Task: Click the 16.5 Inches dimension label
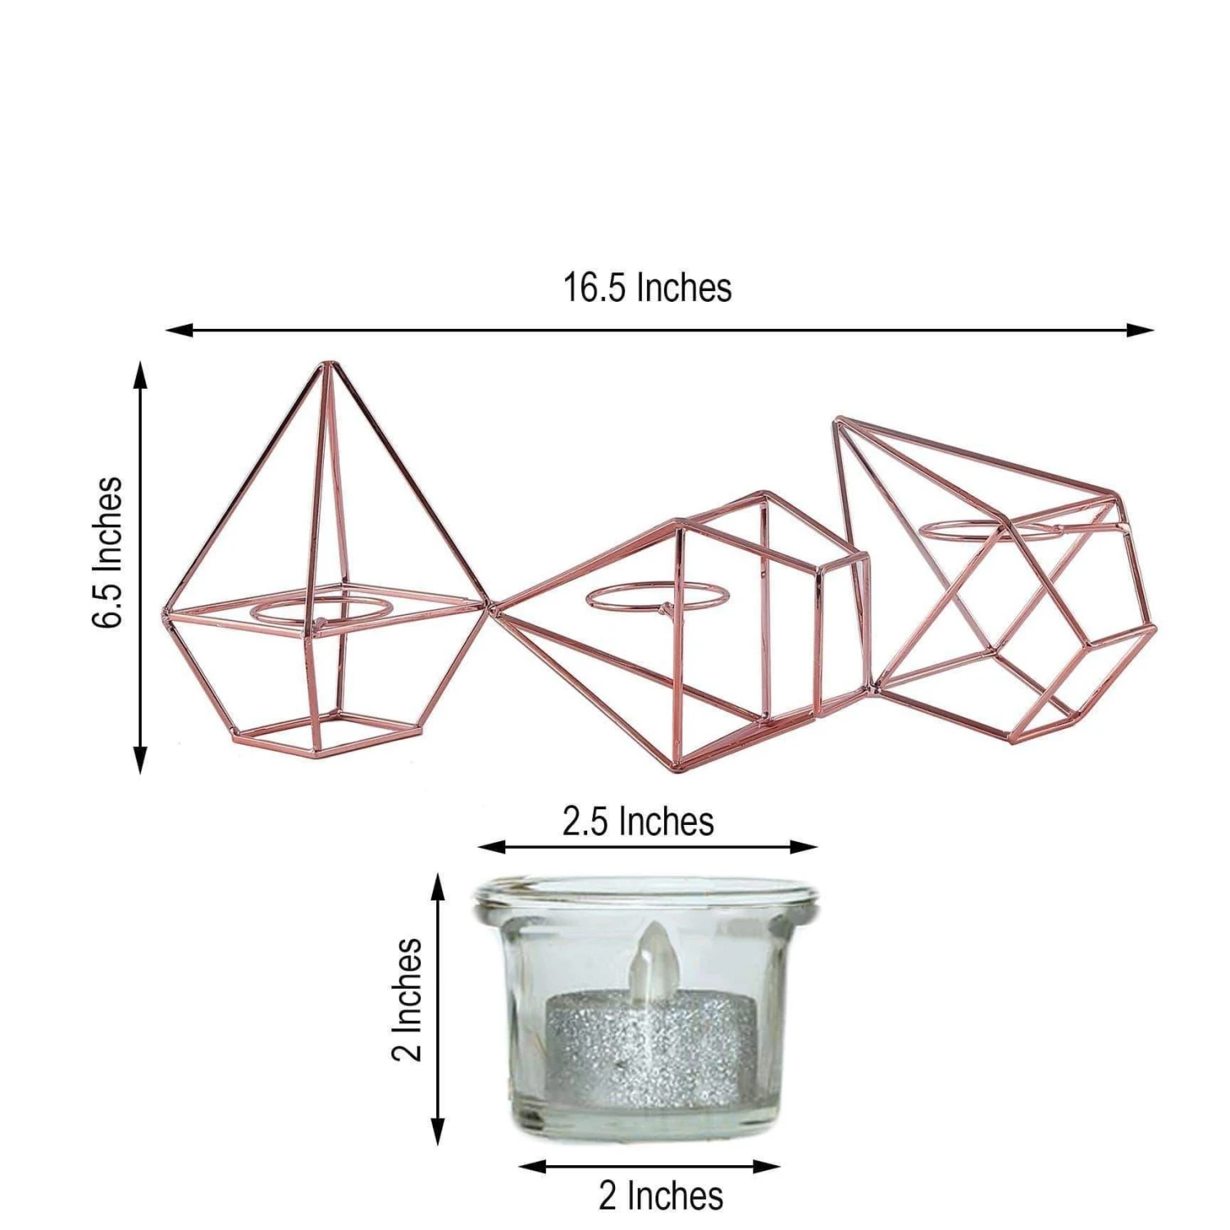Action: (647, 288)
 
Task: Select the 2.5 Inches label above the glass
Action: (638, 821)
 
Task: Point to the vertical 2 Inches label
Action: (407, 1000)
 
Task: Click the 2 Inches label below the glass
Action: (661, 1196)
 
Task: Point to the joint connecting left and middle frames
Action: (492, 607)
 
